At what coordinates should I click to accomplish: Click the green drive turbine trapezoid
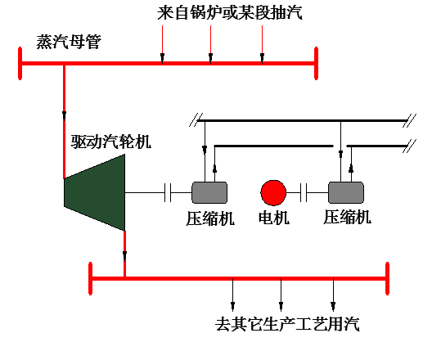(95, 192)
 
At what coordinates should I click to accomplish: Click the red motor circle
(273, 193)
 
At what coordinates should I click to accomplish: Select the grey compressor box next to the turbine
(209, 192)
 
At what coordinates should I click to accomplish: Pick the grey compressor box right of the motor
(346, 192)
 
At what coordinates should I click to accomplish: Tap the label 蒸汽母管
(69, 42)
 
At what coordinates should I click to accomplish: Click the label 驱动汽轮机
(111, 142)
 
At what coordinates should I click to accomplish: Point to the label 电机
(274, 218)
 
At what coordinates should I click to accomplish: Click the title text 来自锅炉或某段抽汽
(230, 12)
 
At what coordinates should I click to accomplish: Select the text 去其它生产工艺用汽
(287, 324)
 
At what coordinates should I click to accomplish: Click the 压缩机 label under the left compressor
(210, 218)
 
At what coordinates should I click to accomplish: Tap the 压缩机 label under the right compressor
(347, 217)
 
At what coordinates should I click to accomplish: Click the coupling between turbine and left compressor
(168, 192)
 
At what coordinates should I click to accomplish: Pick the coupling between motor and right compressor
(304, 192)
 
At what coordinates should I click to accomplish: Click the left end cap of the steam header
(20, 63)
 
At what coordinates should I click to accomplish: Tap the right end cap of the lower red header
(387, 278)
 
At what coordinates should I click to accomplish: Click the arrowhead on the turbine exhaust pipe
(125, 254)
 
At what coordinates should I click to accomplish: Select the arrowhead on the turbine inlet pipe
(64, 115)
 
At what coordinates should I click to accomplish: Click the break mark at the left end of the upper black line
(196, 120)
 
